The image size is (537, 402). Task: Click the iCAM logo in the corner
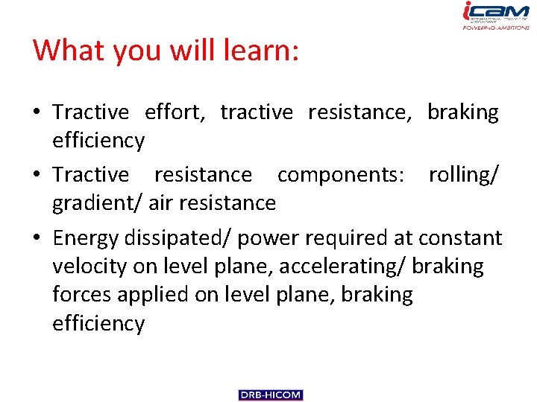pyautogui.click(x=495, y=16)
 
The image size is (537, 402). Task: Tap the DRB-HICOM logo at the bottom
pyautogui.click(x=271, y=395)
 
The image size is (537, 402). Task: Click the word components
pyautogui.click(x=340, y=174)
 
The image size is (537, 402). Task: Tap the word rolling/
pyautogui.click(x=463, y=174)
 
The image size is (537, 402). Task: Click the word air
pyautogui.click(x=160, y=203)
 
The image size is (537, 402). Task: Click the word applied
pyautogui.click(x=154, y=295)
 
